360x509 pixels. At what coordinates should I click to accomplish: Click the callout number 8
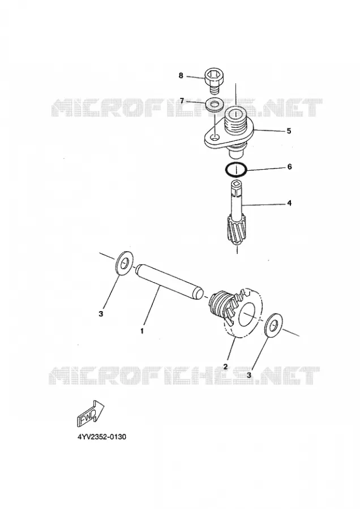(181, 76)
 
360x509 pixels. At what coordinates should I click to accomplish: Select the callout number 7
(182, 101)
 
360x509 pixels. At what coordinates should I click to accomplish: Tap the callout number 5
(289, 131)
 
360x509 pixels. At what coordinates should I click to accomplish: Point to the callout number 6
(289, 167)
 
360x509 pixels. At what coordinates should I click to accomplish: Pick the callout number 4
(289, 203)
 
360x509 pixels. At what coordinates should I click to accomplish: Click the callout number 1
(142, 331)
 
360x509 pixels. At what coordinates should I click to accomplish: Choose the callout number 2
(225, 367)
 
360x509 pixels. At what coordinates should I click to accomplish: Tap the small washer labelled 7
(214, 105)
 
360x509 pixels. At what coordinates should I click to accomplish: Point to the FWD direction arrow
(90, 413)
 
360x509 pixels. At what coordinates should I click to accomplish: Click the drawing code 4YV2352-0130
(102, 437)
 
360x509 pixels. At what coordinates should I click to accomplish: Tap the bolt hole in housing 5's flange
(214, 139)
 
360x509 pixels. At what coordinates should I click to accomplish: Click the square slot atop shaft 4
(236, 184)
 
